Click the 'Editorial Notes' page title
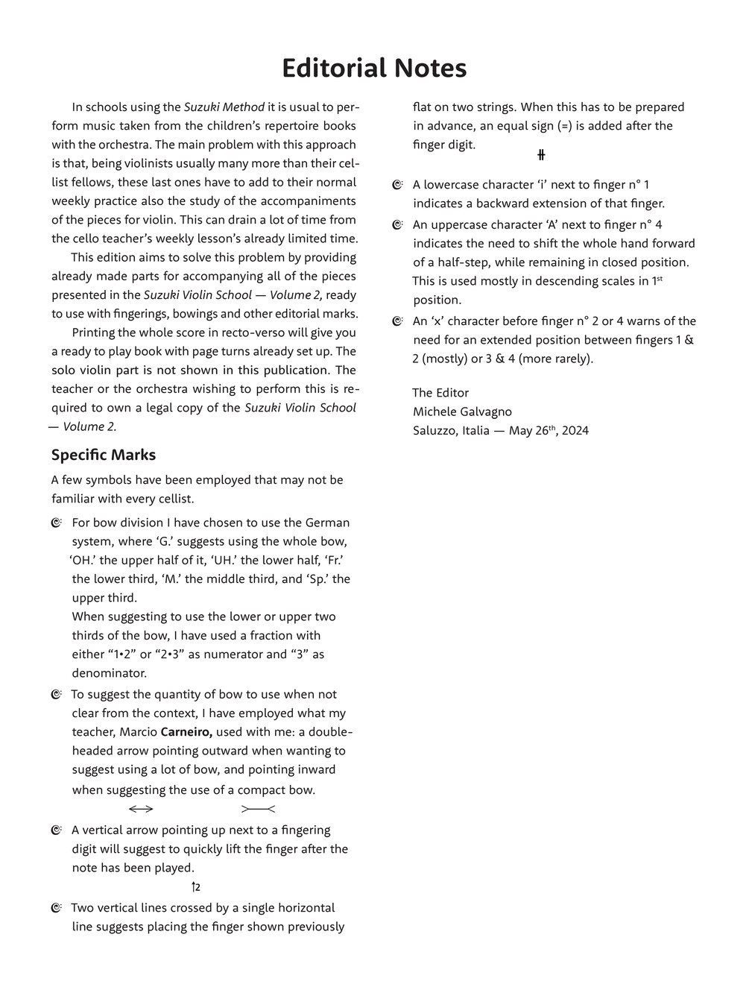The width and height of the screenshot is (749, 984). click(374, 68)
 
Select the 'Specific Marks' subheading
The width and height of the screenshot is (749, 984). click(104, 455)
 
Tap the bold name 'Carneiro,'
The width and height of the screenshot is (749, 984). click(187, 732)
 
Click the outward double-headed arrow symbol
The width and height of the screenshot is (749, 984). click(141, 810)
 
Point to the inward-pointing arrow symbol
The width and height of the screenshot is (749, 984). click(259, 810)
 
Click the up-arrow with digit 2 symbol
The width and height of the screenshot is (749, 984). click(196, 887)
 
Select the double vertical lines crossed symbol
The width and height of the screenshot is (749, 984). click(542, 155)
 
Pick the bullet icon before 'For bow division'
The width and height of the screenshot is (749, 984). click(57, 523)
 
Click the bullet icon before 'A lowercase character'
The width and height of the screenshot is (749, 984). click(397, 185)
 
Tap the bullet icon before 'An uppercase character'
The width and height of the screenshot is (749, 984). click(397, 225)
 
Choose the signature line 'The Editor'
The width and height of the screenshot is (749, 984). click(440, 393)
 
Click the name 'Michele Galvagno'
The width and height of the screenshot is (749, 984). click(462, 411)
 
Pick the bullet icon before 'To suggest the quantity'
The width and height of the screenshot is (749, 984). click(57, 696)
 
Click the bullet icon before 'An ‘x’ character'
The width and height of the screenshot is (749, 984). click(397, 322)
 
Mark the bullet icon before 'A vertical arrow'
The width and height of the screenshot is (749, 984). click(57, 830)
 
